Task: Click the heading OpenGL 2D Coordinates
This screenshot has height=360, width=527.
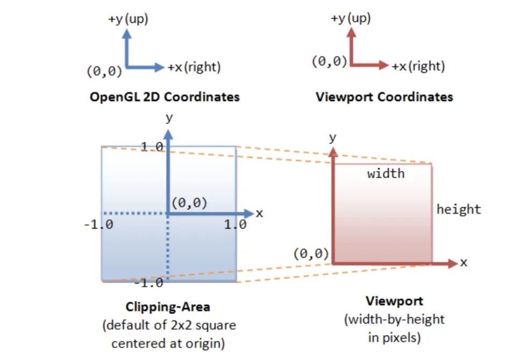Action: point(165,97)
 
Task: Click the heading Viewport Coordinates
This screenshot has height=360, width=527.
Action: point(384,97)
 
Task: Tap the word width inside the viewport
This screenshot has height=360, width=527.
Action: point(386,174)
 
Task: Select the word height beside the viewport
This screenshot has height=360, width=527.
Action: point(459,210)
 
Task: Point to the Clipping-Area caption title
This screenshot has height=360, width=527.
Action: point(168,307)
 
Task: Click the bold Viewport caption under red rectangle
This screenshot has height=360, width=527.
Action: point(394,301)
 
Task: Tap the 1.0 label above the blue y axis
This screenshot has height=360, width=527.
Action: point(152,147)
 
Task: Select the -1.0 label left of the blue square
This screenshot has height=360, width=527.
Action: point(98,224)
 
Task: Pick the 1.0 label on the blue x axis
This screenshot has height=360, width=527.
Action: point(235,224)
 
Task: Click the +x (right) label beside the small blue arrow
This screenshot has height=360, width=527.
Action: point(194,68)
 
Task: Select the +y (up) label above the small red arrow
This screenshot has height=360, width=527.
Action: point(351,19)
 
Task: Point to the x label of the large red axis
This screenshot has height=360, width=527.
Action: point(464,263)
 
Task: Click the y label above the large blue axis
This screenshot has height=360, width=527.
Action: point(169,117)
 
